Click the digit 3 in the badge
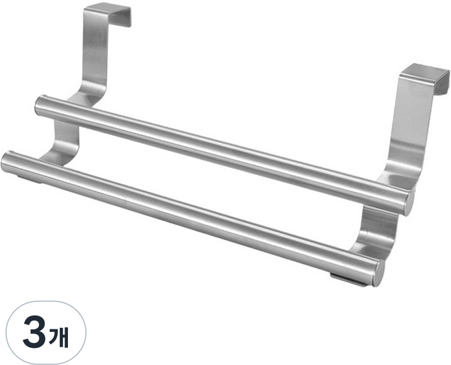pyautogui.click(x=34, y=333)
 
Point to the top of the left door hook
pyautogui.click(x=106, y=10)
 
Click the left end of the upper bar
pyautogui.click(x=39, y=106)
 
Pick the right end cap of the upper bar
pyautogui.click(x=408, y=204)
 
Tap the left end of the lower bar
pyautogui.click(x=6, y=162)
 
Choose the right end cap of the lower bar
pyautogui.click(x=378, y=272)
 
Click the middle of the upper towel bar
pyautogui.click(x=224, y=154)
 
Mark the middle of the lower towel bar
pyautogui.click(x=193, y=218)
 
